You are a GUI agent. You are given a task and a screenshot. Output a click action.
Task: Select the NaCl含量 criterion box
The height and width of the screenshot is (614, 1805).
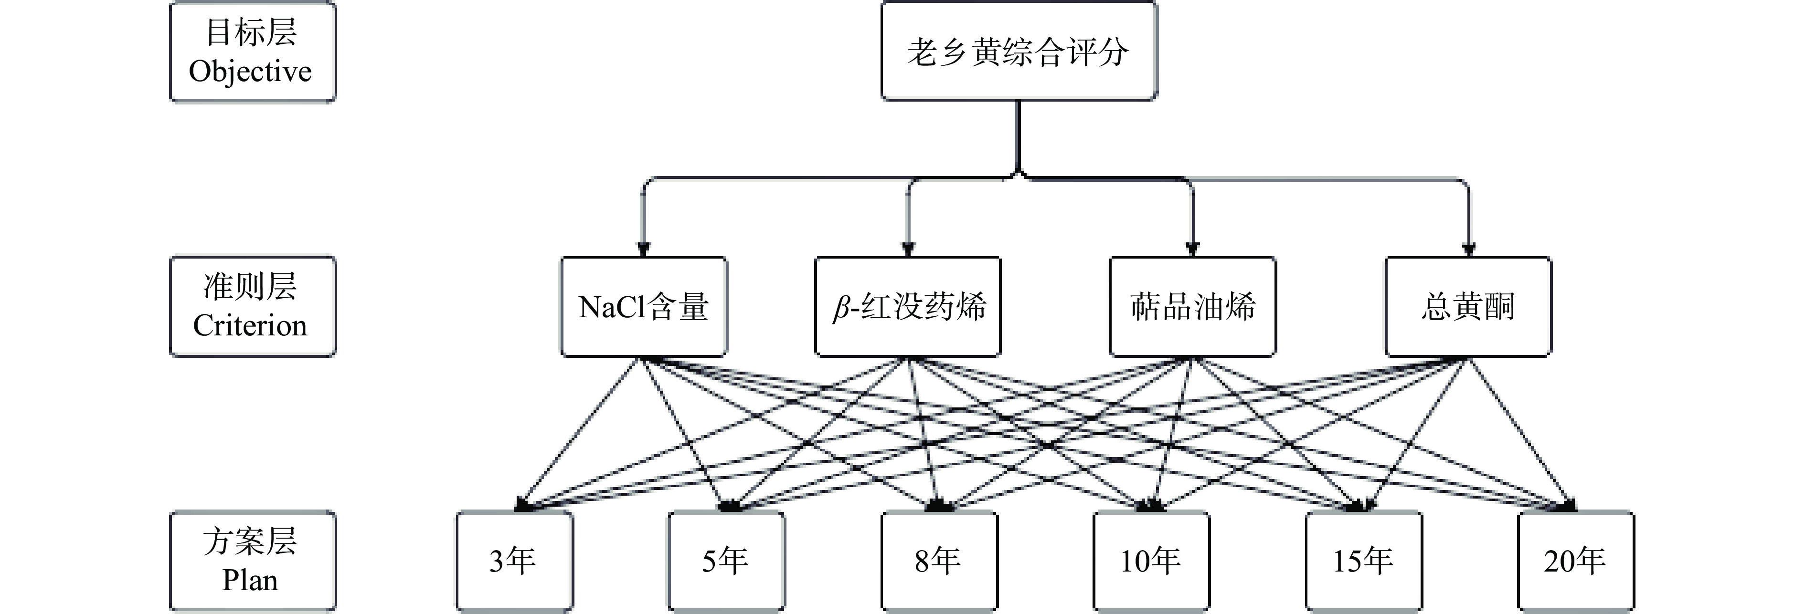point(643,307)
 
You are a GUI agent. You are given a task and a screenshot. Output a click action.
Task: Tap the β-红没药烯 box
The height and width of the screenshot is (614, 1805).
point(908,307)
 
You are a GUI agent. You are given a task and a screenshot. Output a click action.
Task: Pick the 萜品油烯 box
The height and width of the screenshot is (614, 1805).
point(1193,307)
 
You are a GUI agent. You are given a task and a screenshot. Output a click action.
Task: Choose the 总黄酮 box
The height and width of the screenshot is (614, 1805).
point(1468,307)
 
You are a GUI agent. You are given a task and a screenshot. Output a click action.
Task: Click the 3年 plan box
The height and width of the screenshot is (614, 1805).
point(514,561)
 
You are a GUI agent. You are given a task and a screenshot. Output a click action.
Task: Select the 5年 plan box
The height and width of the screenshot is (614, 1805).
point(726,561)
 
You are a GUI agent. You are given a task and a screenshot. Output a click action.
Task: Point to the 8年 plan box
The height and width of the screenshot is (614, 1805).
point(939,561)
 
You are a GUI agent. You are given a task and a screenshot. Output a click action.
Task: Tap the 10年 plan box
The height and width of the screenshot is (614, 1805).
point(1151,561)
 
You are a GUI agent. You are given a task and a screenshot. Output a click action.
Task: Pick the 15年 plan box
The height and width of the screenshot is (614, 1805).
point(1364,561)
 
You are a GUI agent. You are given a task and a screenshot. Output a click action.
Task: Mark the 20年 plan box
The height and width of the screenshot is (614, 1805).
point(1576,561)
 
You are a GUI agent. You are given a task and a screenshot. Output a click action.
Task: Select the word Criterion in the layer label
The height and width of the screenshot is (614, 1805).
point(250,325)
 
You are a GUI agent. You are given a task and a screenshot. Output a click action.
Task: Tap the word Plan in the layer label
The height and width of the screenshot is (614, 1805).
point(250,580)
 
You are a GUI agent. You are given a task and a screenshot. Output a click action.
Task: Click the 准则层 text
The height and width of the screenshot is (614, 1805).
point(250,286)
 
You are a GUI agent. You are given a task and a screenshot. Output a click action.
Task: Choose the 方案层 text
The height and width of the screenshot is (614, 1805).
point(250,541)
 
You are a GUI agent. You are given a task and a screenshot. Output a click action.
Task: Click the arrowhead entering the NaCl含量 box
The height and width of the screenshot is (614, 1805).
point(643,249)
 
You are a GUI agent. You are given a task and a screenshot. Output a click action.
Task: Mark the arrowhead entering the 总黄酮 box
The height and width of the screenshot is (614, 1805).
point(1469,249)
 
